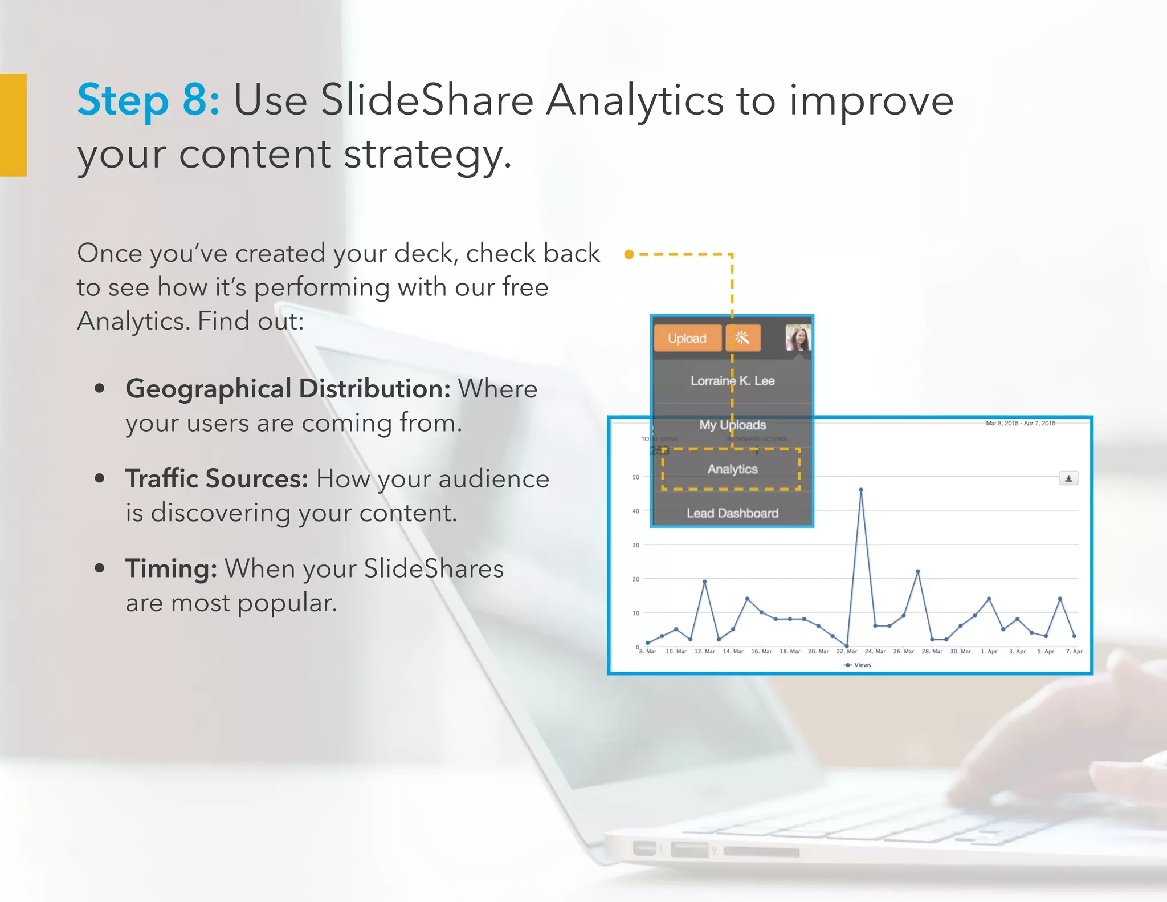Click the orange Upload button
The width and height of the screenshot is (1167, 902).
pyautogui.click(x=687, y=338)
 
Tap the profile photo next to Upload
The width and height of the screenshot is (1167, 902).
pyautogui.click(x=798, y=338)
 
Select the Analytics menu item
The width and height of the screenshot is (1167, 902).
pyautogui.click(x=732, y=469)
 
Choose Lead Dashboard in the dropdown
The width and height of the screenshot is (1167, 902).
pyautogui.click(x=732, y=513)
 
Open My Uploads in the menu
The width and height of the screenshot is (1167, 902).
pyautogui.click(x=732, y=425)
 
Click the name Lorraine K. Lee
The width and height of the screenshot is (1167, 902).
pyautogui.click(x=732, y=381)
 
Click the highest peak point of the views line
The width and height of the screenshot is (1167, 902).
pyautogui.click(x=860, y=490)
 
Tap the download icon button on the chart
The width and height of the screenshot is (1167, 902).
pyautogui.click(x=1068, y=478)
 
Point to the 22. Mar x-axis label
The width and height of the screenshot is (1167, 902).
pyautogui.click(x=846, y=651)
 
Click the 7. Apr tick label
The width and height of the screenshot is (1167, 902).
pyautogui.click(x=1074, y=651)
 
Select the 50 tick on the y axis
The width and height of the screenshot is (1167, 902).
pyautogui.click(x=636, y=477)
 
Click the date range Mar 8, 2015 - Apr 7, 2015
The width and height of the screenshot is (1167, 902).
pyautogui.click(x=1020, y=423)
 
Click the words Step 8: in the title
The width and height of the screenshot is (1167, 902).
pyautogui.click(x=148, y=100)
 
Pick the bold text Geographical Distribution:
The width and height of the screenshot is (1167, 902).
pyautogui.click(x=288, y=389)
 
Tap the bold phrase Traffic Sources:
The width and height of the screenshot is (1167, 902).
pyautogui.click(x=217, y=478)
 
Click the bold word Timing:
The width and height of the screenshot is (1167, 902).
pyautogui.click(x=171, y=568)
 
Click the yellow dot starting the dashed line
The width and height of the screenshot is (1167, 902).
pyautogui.click(x=629, y=254)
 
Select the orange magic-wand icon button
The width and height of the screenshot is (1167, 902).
pyautogui.click(x=742, y=338)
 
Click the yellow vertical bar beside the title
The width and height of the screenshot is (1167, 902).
pyautogui.click(x=13, y=125)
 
